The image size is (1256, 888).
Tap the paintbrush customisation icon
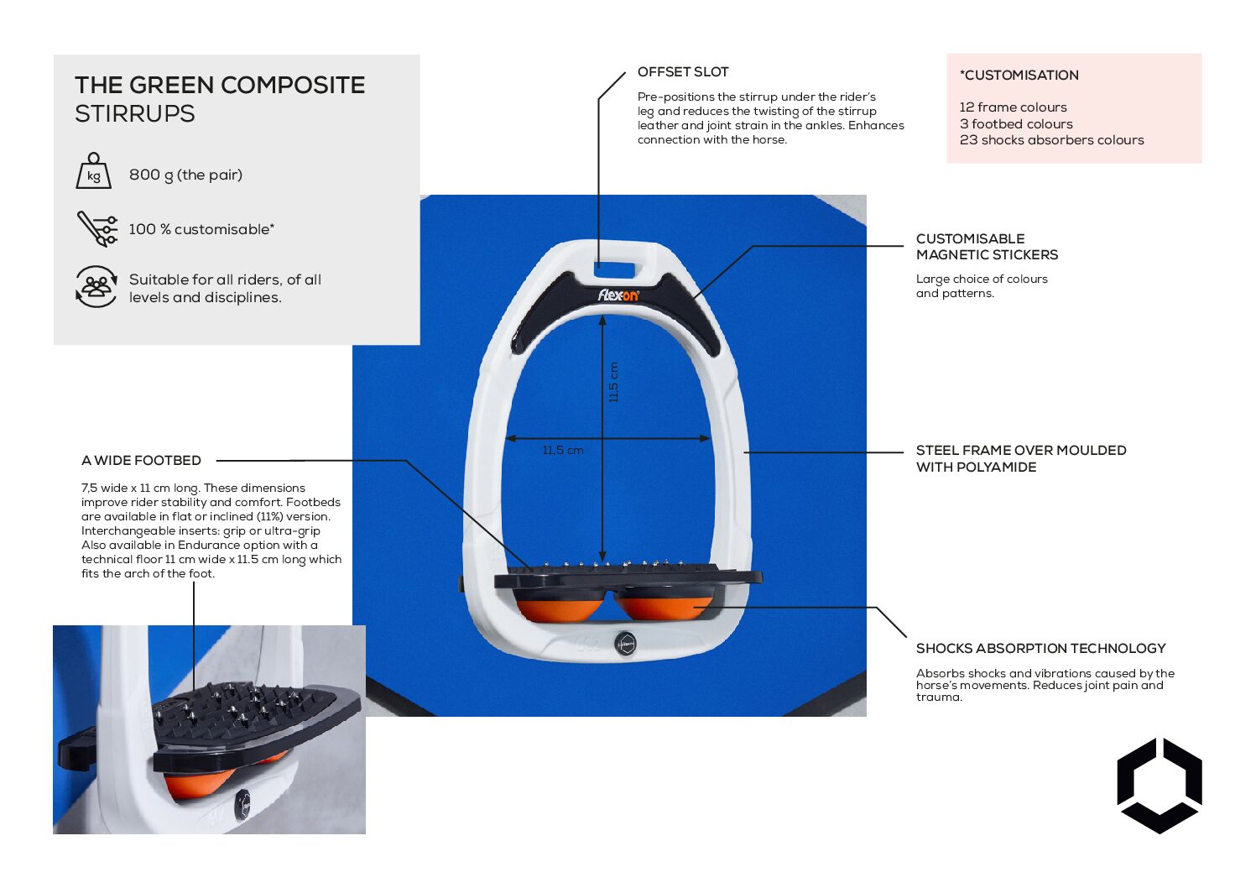coord(97,228)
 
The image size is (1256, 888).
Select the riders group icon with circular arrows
coord(96,287)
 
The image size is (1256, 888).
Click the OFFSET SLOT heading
coord(683,72)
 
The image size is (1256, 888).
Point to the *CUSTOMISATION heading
coord(1019,76)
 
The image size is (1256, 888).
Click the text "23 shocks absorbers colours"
coord(1051,140)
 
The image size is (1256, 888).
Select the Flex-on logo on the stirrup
coord(618,295)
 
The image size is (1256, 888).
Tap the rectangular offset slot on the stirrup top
coord(614,269)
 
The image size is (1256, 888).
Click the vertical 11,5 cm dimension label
coord(613,383)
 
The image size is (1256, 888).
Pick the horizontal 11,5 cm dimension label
coord(563,451)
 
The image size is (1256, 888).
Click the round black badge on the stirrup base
coord(625,644)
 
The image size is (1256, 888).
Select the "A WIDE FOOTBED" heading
coord(141,461)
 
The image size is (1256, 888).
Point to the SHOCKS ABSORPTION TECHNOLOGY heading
coord(1040,649)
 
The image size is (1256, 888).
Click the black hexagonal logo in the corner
coord(1159,786)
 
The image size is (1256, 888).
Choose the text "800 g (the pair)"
coord(185,175)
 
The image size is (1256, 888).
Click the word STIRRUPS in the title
coord(134,114)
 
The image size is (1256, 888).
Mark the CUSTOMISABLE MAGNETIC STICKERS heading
coord(987,247)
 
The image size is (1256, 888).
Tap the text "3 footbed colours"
coord(1016,124)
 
